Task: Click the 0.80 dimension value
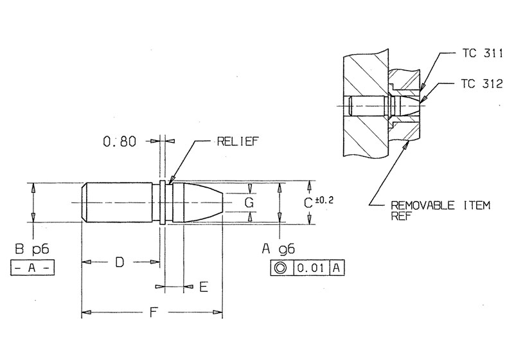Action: (x=119, y=141)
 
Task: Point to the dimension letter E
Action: (x=203, y=287)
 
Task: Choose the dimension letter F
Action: (x=153, y=313)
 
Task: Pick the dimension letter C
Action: (x=308, y=203)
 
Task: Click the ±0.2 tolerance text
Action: (x=325, y=200)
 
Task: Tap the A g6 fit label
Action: (x=278, y=248)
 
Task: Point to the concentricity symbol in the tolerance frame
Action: (x=281, y=268)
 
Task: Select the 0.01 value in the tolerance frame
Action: (x=312, y=268)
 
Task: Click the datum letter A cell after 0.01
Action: (x=337, y=268)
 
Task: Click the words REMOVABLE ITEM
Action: (x=440, y=206)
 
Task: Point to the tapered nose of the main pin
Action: (x=209, y=203)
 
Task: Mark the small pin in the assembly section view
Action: (x=373, y=104)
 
